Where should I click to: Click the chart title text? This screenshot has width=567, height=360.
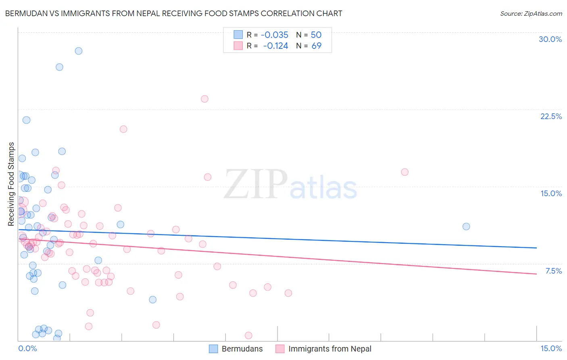(x=173, y=13)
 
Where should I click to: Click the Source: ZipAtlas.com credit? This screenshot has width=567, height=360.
(x=531, y=13)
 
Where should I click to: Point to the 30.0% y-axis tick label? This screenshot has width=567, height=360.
(x=550, y=39)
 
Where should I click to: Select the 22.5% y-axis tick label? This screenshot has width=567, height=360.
(x=551, y=116)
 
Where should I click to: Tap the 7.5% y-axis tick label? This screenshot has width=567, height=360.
(x=553, y=271)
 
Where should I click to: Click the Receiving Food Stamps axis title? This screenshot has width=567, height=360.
(x=11, y=184)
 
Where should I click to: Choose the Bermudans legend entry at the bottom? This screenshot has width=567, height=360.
(x=236, y=349)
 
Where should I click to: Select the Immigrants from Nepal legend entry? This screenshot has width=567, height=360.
(x=324, y=349)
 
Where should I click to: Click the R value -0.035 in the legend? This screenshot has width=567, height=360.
(x=274, y=35)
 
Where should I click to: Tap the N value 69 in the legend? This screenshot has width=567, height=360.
(x=317, y=46)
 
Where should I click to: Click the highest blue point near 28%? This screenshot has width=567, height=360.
(x=79, y=51)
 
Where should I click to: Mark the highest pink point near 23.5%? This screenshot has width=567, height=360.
(x=204, y=99)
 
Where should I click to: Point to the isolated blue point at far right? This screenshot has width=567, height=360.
(x=466, y=226)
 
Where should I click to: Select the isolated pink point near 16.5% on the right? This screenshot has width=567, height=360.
(x=405, y=172)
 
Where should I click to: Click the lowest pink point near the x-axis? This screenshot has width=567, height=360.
(x=248, y=335)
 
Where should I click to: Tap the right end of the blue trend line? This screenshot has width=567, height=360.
(x=536, y=248)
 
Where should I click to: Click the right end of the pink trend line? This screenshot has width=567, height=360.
(x=536, y=274)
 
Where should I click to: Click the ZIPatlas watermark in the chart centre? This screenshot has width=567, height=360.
(x=290, y=185)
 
